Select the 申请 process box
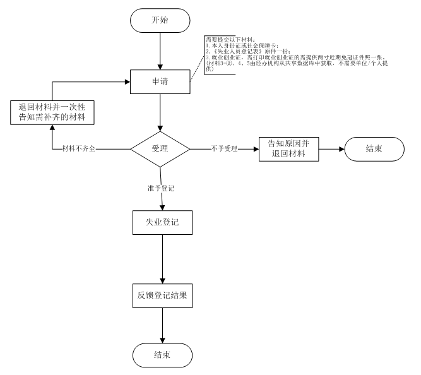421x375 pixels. point(160,83)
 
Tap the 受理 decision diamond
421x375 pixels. point(160,149)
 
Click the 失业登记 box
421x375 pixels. point(163,223)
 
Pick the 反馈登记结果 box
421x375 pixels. point(163,295)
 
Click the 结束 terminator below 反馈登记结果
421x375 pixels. point(163,354)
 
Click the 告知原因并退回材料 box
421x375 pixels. point(290,150)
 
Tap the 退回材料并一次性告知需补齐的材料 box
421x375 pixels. point(52,112)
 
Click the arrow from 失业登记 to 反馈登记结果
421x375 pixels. point(163,259)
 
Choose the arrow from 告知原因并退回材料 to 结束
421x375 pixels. point(332,150)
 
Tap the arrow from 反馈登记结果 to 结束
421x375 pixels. point(163,324)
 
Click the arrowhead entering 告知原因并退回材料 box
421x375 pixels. point(256,150)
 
